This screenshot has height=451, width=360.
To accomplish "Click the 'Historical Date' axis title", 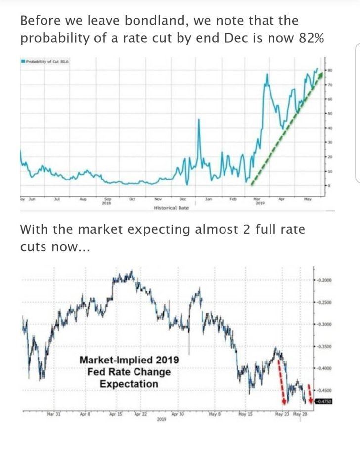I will click(x=172, y=208).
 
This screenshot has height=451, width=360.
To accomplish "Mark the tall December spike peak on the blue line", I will click(x=199, y=120).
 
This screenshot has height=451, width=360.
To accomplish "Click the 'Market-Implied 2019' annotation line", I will click(x=129, y=360).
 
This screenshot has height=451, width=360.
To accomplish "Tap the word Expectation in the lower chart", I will click(x=129, y=384).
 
